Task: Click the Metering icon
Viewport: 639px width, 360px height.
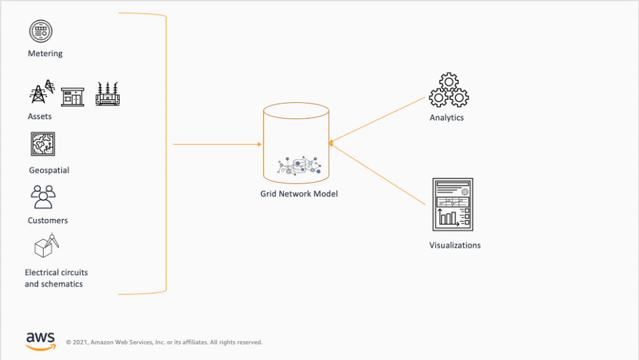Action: pyautogui.click(x=41, y=31)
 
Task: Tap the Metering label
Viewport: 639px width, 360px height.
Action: pyautogui.click(x=45, y=54)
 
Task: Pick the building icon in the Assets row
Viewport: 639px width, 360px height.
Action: pyautogui.click(x=72, y=96)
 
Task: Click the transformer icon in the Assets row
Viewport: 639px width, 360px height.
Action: pyautogui.click(x=107, y=94)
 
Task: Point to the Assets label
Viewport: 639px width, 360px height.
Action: pyautogui.click(x=39, y=117)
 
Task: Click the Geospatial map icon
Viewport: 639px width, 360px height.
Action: pyautogui.click(x=42, y=144)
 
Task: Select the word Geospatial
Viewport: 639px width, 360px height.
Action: pyautogui.click(x=49, y=170)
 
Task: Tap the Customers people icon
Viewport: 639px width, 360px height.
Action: pyautogui.click(x=43, y=197)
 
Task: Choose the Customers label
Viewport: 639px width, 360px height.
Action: pyautogui.click(x=47, y=221)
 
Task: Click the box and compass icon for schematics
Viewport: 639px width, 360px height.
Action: pyautogui.click(x=46, y=245)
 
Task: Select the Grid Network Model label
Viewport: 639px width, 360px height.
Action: pyautogui.click(x=299, y=194)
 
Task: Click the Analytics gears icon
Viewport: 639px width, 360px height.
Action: pyautogui.click(x=449, y=90)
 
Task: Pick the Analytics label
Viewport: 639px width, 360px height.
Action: pyautogui.click(x=447, y=117)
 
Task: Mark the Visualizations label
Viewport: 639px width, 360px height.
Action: pyautogui.click(x=455, y=245)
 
